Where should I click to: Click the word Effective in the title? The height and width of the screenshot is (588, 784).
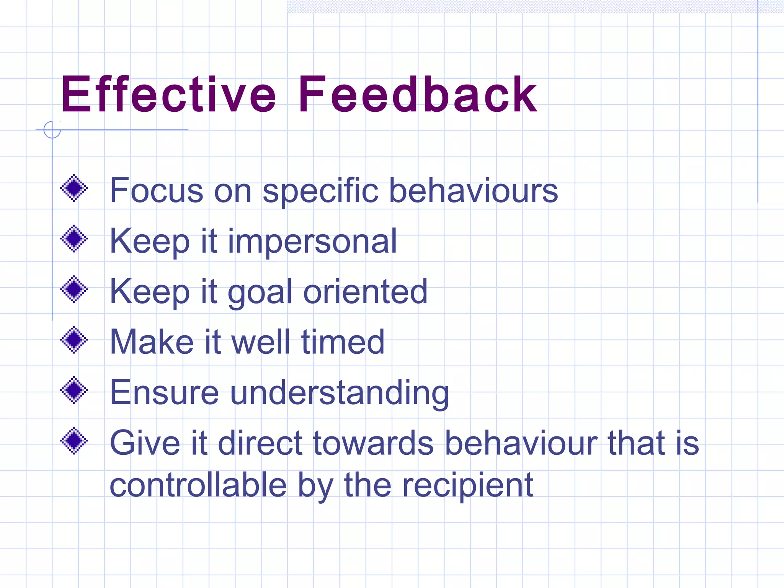click(x=168, y=95)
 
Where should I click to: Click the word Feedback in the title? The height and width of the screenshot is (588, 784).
click(x=418, y=95)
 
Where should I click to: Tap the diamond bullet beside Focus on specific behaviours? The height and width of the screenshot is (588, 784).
click(x=74, y=188)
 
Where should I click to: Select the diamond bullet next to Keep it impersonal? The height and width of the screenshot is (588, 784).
click(x=74, y=238)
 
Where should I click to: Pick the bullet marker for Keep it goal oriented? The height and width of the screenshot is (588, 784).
click(x=74, y=289)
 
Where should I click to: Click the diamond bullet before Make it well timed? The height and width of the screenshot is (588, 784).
click(x=74, y=340)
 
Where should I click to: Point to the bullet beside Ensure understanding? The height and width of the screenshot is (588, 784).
click(x=74, y=390)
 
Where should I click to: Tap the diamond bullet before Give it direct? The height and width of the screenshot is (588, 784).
click(x=74, y=441)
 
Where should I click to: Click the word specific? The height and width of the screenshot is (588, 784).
click(x=320, y=191)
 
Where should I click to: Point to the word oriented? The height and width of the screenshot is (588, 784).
click(x=365, y=292)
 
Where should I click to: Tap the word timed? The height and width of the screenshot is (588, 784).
click(x=343, y=342)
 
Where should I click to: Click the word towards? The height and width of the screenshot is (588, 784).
click(x=373, y=443)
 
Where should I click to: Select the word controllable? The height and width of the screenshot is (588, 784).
click(x=198, y=485)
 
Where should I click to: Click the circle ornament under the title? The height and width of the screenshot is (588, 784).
click(x=52, y=130)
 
